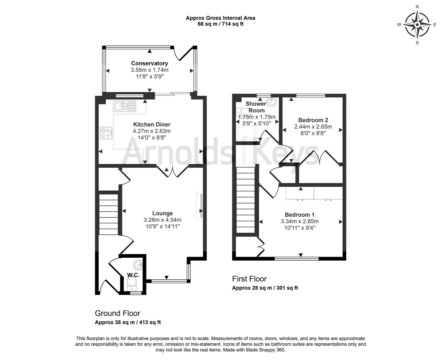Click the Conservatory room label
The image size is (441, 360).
tap(149, 63)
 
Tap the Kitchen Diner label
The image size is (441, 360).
tap(151, 125)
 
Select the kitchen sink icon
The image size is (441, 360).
tap(124, 106)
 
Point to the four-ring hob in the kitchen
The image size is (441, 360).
tap(105, 133)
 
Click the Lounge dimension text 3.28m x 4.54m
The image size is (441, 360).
tap(162, 220)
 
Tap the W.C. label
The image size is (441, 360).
tap(133, 275)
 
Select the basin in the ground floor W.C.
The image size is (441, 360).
tap(138, 265)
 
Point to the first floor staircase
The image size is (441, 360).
tap(246, 200)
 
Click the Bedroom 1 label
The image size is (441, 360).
tap(299, 215)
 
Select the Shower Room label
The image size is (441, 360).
tap(256, 107)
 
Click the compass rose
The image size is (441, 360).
tap(417, 25)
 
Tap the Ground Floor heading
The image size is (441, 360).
tap(117, 313)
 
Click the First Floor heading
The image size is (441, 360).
tap(249, 279)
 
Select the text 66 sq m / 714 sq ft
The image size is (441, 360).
tap(220, 24)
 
